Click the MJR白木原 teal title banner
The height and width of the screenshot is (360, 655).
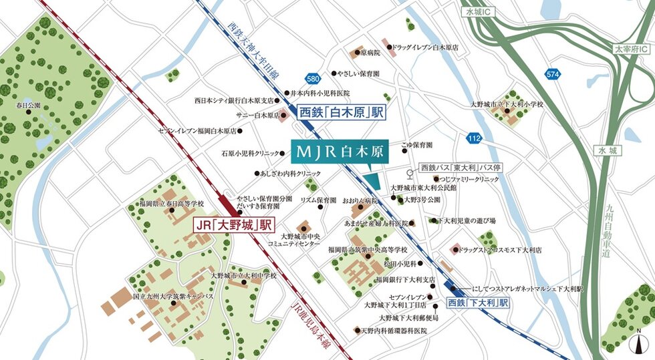click(x=339, y=152)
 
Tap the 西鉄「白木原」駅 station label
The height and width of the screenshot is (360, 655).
click(x=340, y=113)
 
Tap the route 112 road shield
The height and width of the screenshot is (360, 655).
click(x=473, y=138)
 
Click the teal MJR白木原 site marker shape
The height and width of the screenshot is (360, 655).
click(x=372, y=181)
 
